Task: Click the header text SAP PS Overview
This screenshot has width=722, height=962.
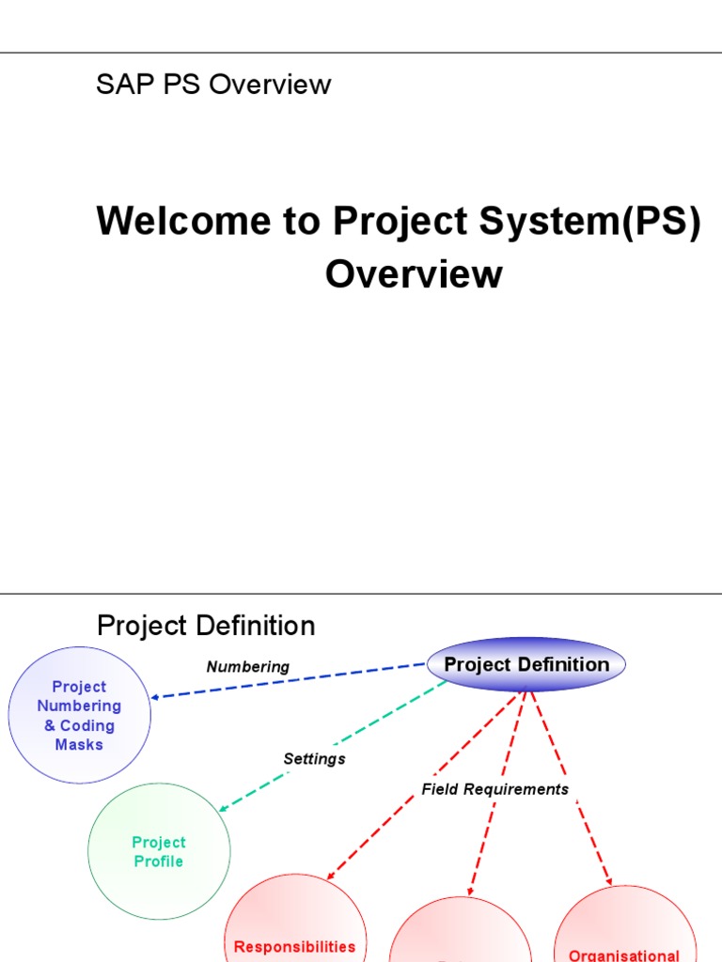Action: [213, 85]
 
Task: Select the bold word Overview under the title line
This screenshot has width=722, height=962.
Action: [414, 274]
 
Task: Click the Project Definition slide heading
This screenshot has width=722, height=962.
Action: [206, 626]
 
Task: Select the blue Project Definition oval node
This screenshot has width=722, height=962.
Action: [526, 665]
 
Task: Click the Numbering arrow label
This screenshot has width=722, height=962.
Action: [248, 667]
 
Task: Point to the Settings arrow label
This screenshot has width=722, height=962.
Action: [314, 759]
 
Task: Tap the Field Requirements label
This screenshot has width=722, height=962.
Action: [495, 789]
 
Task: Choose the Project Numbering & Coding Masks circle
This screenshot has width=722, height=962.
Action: [79, 715]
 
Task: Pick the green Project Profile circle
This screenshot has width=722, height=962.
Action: [159, 852]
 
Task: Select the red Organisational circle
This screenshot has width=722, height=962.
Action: [623, 930]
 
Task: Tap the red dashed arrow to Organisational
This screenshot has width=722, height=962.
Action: [573, 789]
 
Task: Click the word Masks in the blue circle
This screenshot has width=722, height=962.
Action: [79, 745]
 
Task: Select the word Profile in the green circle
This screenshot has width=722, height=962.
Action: [159, 861]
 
